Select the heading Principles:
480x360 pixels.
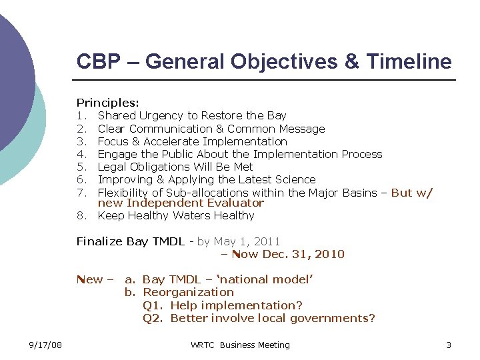pyautogui.click(x=107, y=103)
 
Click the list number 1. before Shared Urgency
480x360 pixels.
pyautogui.click(x=81, y=115)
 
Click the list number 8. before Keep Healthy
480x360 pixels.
pyautogui.click(x=81, y=215)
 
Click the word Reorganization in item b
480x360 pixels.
pyautogui.click(x=189, y=292)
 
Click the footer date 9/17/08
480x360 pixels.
pyautogui.click(x=46, y=345)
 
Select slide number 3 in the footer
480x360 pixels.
pyautogui.click(x=449, y=345)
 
